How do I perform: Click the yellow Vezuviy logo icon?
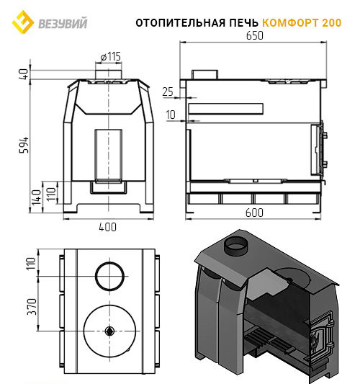tap(23, 22)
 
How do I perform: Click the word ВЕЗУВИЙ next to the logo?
tap(63, 23)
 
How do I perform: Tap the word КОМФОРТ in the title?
tap(290, 23)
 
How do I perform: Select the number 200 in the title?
tap(332, 23)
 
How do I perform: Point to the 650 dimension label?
tap(255, 36)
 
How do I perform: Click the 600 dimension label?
tap(254, 213)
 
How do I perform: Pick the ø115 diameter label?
tap(111, 57)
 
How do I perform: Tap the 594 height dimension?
tap(24, 146)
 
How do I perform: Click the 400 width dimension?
tap(108, 227)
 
